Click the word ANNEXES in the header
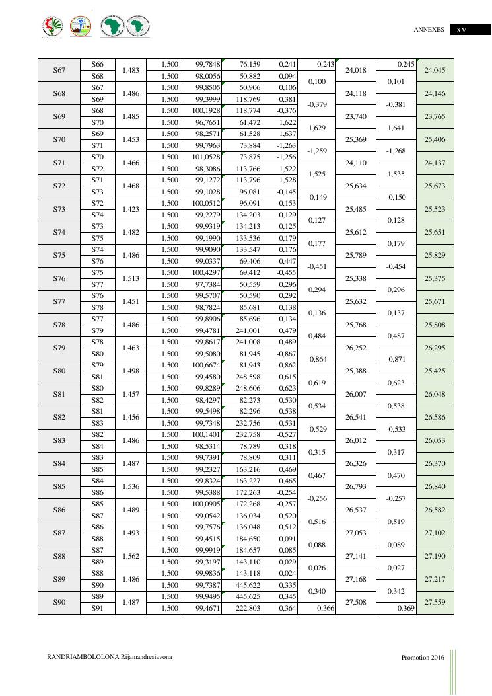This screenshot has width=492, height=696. point(429,30)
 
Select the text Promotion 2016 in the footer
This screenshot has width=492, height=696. point(423,658)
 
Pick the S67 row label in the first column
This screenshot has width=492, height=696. point(59,70)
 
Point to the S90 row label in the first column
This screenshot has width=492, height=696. point(59,602)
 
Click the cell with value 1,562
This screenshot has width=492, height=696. point(131,556)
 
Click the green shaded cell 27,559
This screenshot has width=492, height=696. point(436,602)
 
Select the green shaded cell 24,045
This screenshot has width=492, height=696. point(436,70)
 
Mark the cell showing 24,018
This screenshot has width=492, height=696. point(356,70)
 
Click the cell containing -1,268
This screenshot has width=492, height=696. point(396,151)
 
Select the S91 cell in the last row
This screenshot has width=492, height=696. point(97,608)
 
